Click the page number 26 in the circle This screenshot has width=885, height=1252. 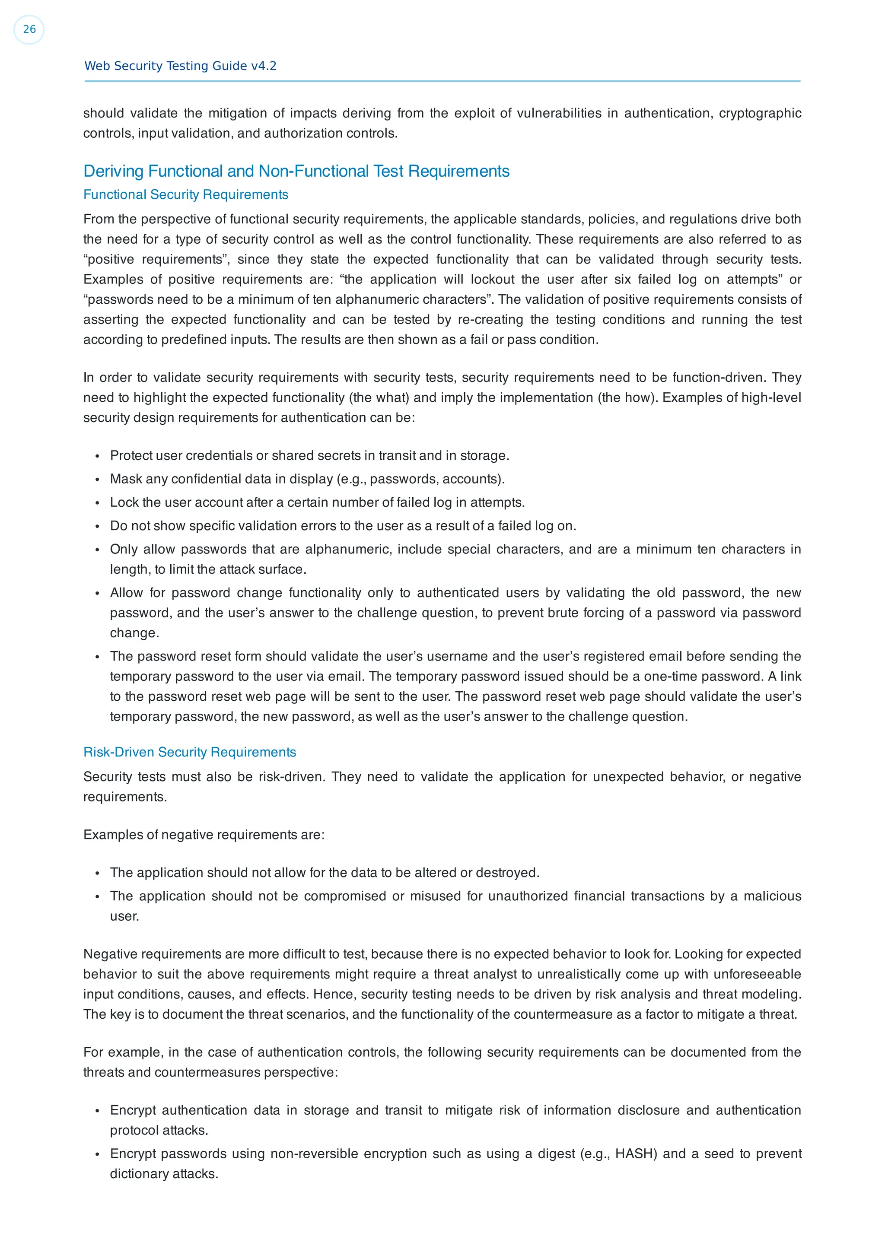(x=29, y=29)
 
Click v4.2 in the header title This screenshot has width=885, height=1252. (x=263, y=66)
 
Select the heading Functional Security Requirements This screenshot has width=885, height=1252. (x=185, y=195)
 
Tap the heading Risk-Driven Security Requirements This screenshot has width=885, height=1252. (x=189, y=752)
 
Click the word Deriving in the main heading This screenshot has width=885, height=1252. (x=113, y=171)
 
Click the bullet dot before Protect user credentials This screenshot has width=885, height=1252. (x=97, y=456)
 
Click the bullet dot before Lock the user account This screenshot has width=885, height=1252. (x=97, y=503)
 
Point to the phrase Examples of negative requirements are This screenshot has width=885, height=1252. (x=204, y=835)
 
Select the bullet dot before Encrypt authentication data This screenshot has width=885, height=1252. (x=97, y=1111)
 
